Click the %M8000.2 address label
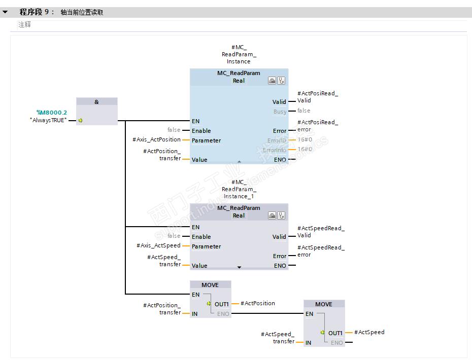click(51, 113)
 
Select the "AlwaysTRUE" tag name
click(48, 120)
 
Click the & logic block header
click(96, 102)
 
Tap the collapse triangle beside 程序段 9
click(5, 12)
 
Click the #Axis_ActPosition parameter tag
click(156, 140)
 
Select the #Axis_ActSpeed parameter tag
click(158, 246)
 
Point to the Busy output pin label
click(280, 112)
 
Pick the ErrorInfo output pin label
click(275, 150)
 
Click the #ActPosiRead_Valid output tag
click(317, 97)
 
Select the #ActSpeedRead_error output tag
click(320, 251)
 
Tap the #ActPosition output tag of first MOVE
click(257, 303)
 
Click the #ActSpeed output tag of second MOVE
click(369, 332)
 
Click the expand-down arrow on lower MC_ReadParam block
click(240, 267)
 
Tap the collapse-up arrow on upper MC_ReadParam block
click(239, 161)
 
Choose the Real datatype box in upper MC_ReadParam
click(239, 81)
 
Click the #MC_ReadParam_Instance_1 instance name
click(239, 189)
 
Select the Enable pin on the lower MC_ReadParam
click(201, 237)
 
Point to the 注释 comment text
click(25, 24)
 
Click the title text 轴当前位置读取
click(82, 12)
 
